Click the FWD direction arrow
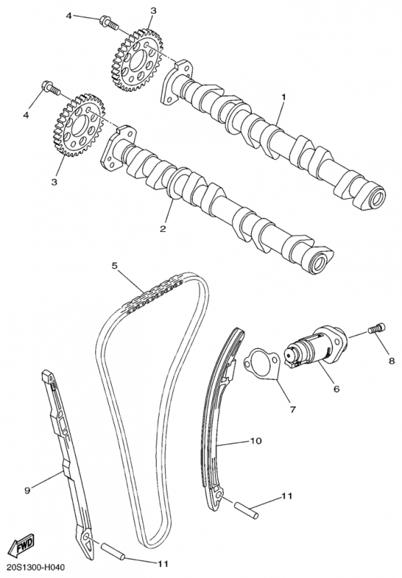(22, 545)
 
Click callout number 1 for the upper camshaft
(284, 97)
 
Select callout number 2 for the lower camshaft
(162, 228)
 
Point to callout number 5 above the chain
(115, 265)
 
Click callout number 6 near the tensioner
(336, 389)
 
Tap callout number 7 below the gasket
(293, 409)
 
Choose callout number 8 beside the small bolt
(392, 361)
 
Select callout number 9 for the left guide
(27, 490)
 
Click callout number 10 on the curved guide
(256, 441)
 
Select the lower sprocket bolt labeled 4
(51, 88)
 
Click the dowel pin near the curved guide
(246, 510)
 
